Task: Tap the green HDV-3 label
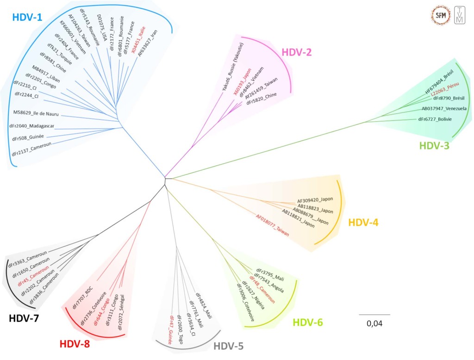pos(434,146)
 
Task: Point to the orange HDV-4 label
pos(363,223)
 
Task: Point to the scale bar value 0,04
pos(374,323)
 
